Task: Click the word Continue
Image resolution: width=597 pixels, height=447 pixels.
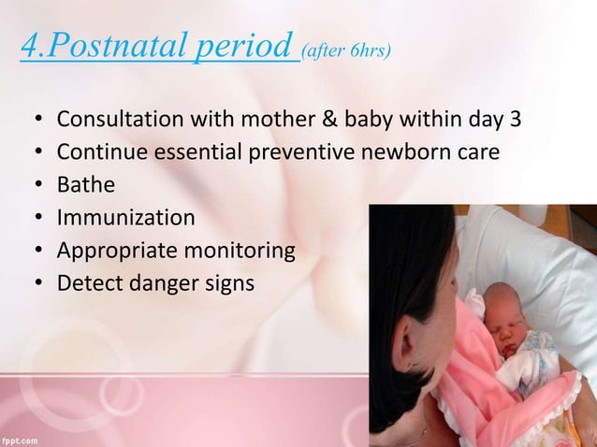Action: tap(96, 153)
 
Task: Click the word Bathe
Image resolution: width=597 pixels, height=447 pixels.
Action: tap(86, 185)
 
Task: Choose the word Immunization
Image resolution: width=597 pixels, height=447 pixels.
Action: tap(125, 218)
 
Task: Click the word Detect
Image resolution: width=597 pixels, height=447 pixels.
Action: tap(89, 281)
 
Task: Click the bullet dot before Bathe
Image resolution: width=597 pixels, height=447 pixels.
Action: tap(37, 186)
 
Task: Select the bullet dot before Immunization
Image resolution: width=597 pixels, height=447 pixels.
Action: tap(37, 219)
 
